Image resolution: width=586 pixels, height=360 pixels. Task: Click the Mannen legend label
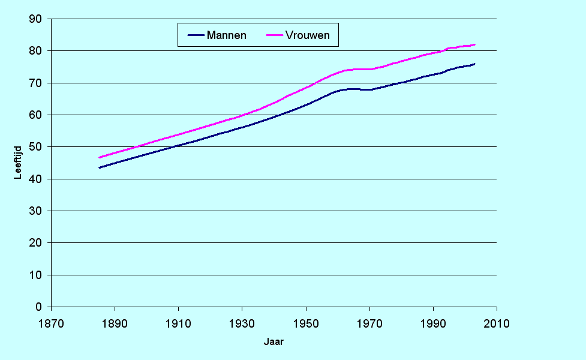tap(226, 35)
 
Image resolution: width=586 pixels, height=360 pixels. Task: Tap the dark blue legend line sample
tap(196, 35)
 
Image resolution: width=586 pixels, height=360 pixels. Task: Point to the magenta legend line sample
tap(274, 35)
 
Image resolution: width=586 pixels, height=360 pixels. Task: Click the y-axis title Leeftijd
tap(19, 163)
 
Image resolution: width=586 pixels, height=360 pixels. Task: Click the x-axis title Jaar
tap(274, 342)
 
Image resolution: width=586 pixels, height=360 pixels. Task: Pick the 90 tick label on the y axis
tap(37, 19)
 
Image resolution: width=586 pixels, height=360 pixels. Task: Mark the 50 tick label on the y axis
tap(37, 147)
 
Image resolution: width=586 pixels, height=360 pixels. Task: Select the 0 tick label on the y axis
tap(40, 307)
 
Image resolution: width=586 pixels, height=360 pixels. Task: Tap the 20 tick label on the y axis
tap(37, 243)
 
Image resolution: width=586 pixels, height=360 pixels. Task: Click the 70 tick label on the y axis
tap(37, 83)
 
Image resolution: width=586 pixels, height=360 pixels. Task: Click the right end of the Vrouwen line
tap(474, 44)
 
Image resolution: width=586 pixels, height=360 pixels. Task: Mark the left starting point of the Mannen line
tap(99, 167)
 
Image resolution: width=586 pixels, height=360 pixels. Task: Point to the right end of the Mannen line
tap(474, 64)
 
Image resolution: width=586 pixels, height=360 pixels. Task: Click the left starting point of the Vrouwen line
tap(99, 158)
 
